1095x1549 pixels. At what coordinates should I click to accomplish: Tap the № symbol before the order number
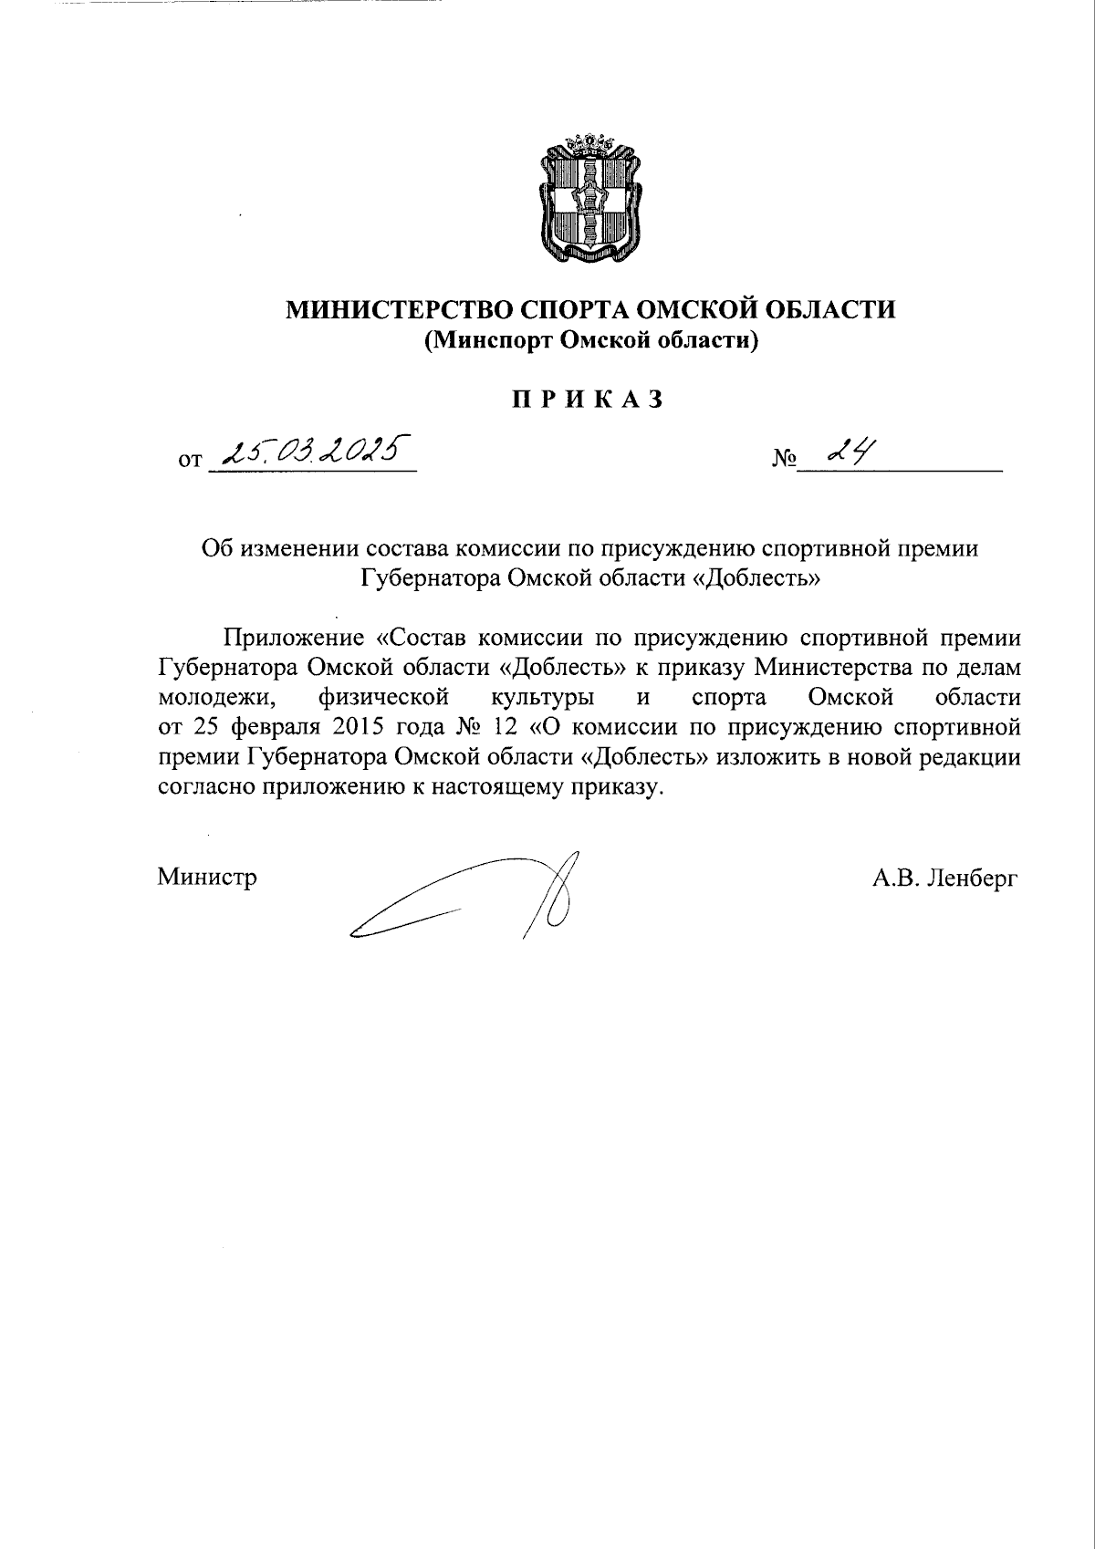click(x=783, y=459)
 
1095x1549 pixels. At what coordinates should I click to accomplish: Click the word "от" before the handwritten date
click(x=190, y=461)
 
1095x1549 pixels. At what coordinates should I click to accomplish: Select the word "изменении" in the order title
click(x=293, y=549)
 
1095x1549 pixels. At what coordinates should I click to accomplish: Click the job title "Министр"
click(x=207, y=878)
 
